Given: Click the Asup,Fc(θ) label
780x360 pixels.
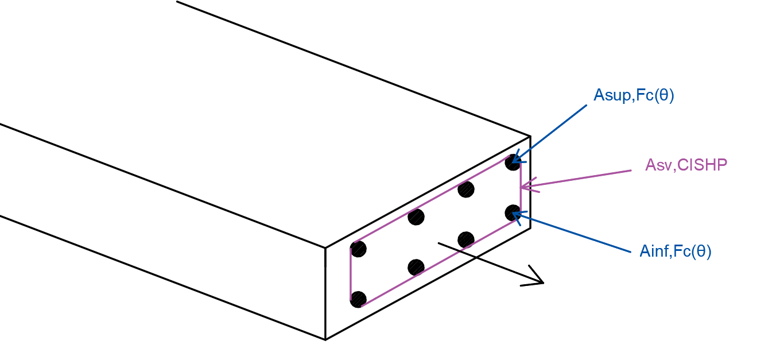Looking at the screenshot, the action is [x=634, y=95].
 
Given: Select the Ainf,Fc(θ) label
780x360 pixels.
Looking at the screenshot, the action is [x=675, y=251].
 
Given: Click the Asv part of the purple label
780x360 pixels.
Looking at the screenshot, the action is [x=658, y=165].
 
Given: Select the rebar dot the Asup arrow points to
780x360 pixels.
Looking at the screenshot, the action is [x=513, y=162].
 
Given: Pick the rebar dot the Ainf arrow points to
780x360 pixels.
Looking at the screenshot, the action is [x=513, y=213].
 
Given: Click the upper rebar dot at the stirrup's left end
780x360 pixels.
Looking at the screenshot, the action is [x=358, y=249].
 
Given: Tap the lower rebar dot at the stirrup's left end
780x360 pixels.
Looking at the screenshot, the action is [x=358, y=299].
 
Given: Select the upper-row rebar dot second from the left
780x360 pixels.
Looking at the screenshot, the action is [x=416, y=217].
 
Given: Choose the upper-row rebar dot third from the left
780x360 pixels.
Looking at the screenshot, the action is [x=466, y=189].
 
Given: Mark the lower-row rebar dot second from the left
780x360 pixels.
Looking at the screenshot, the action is [x=416, y=268].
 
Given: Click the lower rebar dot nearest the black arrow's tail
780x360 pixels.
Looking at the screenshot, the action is [x=466, y=240].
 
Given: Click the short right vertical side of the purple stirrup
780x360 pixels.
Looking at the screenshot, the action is [x=521, y=189].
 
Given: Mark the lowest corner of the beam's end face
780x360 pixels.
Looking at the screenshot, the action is [x=325, y=339].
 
